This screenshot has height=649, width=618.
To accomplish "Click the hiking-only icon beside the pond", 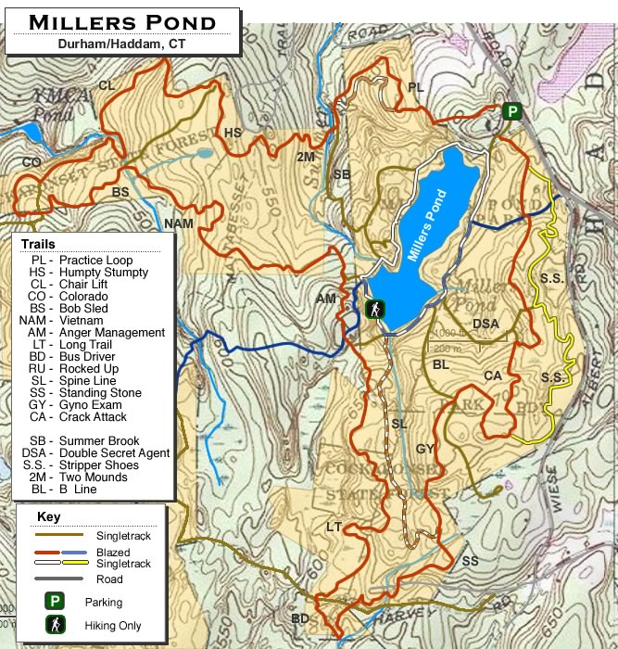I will point(375,309).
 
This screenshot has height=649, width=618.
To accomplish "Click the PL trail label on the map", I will point(416,87).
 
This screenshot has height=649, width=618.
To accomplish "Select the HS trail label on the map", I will point(233,133).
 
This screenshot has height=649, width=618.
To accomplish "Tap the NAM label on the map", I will point(178,223).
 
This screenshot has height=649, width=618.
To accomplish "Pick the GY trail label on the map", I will point(425,449).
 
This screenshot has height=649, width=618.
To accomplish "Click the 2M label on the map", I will point(306,158).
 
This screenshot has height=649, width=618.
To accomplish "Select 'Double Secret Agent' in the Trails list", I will point(114,453).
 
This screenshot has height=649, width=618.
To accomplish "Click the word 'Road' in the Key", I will point(108,579).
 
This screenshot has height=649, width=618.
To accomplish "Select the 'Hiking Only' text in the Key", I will point(112,626).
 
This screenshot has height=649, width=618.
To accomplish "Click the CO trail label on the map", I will point(32,163).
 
